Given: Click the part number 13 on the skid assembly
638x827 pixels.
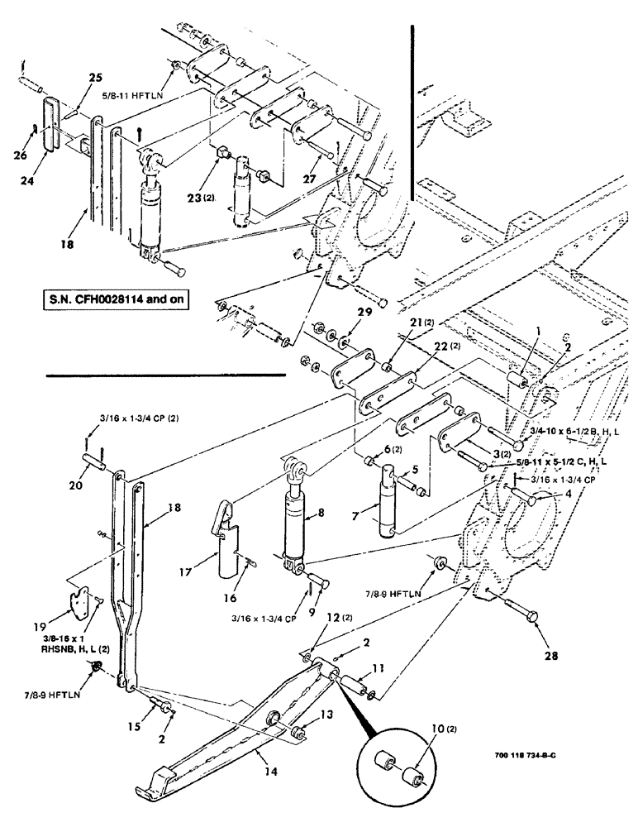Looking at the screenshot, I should [305, 715].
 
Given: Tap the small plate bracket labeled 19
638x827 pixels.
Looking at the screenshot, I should [83, 603].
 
